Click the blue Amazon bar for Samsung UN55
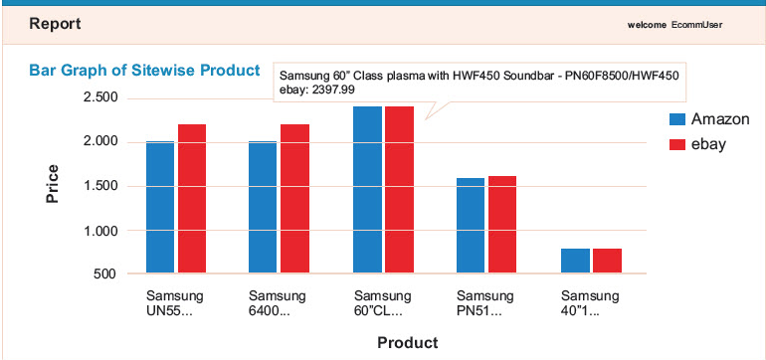tap(160, 207)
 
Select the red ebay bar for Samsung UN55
tap(192, 199)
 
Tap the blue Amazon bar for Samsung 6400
tap(263, 207)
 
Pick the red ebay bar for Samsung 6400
tap(295, 199)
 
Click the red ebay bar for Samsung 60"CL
tap(399, 189)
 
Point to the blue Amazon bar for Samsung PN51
tap(471, 226)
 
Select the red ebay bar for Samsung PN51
tap(502, 225)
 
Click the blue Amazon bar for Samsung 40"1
tap(575, 261)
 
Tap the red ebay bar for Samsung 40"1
tap(607, 261)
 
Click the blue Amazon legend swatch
tap(676, 118)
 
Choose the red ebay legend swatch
tap(676, 144)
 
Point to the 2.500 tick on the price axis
tap(101, 97)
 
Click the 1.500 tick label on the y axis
tap(101, 186)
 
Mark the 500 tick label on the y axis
tap(106, 273)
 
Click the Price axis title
tap(53, 185)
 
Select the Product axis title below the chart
tap(407, 343)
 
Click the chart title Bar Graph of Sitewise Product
tap(144, 71)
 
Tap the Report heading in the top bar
tap(55, 23)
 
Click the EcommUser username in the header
tap(702, 24)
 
